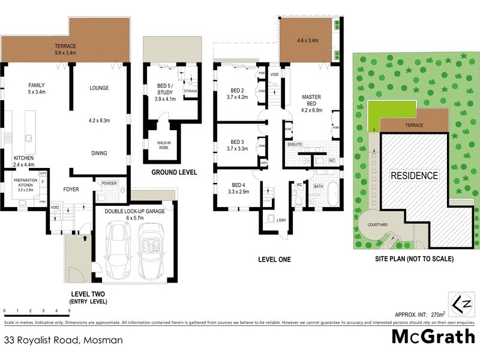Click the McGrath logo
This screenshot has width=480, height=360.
433,337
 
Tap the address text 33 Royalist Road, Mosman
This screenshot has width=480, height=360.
63,340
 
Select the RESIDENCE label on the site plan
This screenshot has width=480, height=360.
415,176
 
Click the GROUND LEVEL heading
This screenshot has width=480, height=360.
173,172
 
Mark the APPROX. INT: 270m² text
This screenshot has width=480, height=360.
420,314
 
